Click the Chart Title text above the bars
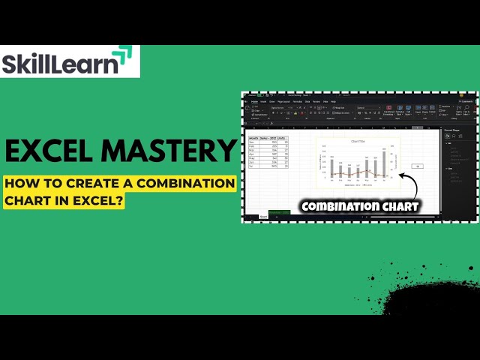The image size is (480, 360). pyautogui.click(x=358, y=141)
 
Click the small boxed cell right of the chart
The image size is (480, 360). pyautogui.click(x=417, y=166)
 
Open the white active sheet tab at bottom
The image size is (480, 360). pyautogui.click(x=263, y=216)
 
